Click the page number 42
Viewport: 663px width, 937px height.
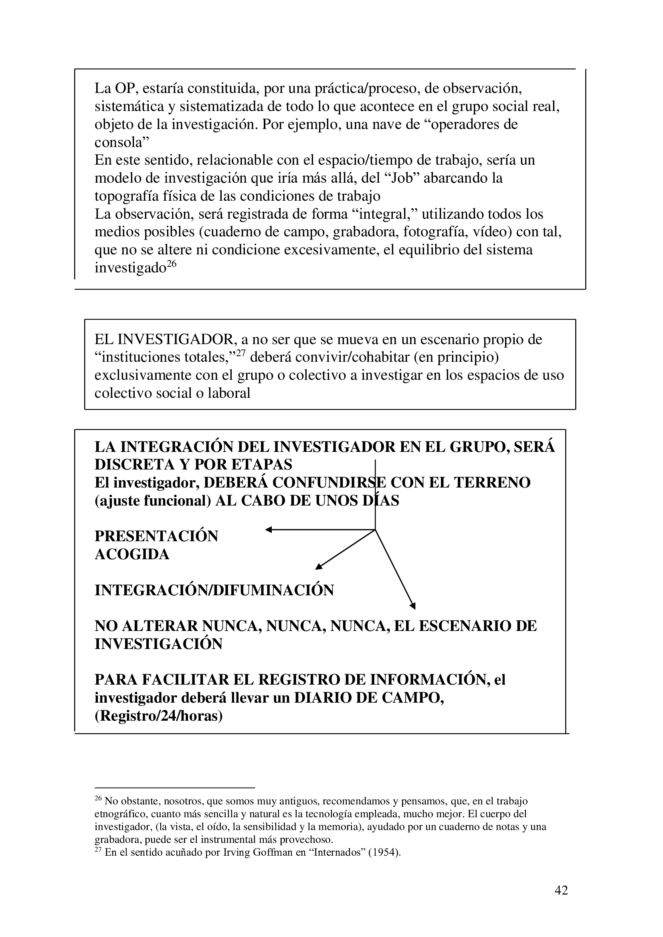[x=561, y=891]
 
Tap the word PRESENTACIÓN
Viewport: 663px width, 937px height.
[x=156, y=536]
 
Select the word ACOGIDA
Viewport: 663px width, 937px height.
[x=132, y=554]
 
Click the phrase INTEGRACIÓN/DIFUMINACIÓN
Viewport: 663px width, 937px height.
[x=214, y=590]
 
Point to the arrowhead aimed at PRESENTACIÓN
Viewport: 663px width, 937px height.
[x=269, y=530]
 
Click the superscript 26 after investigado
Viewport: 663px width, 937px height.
[x=172, y=264]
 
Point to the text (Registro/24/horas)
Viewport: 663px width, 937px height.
[x=158, y=716]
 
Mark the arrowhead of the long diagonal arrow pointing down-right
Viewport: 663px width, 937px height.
[x=413, y=606]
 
